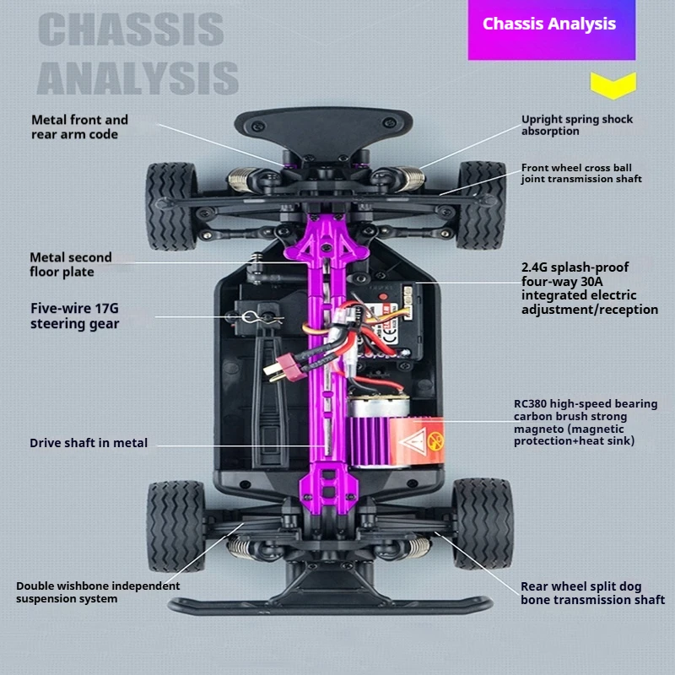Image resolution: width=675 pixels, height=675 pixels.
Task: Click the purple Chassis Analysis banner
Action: point(549,25)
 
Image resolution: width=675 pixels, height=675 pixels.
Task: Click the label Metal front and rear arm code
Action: point(79,127)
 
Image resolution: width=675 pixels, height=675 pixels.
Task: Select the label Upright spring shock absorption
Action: point(576,125)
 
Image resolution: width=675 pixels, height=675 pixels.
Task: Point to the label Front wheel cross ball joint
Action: point(580,173)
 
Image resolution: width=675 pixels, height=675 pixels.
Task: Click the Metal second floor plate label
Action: point(71,264)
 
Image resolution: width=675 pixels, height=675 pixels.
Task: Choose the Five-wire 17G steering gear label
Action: point(74,316)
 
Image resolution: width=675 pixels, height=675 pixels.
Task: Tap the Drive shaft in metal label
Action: point(89,443)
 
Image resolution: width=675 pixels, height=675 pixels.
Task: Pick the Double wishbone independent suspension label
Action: point(98,592)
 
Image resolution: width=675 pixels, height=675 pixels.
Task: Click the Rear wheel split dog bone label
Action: point(592,593)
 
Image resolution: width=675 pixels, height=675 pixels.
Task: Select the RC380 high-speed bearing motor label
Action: point(586,422)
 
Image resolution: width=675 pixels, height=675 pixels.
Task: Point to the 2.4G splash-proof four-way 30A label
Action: point(589,288)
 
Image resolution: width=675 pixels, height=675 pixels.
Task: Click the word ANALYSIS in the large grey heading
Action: point(138,77)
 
